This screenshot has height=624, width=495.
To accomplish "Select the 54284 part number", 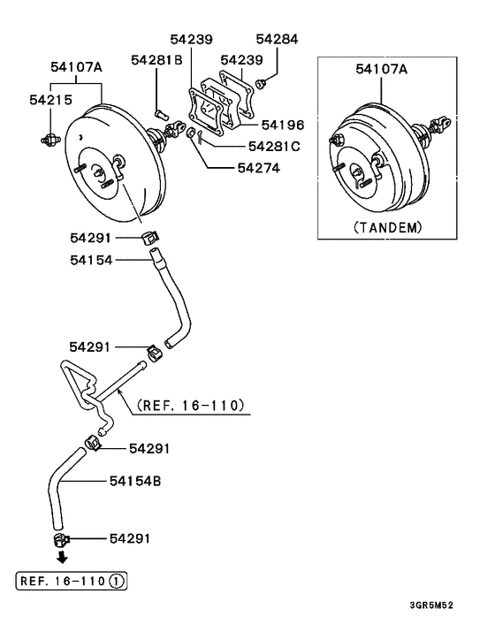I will click(278, 39).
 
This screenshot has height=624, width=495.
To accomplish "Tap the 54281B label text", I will click(156, 60).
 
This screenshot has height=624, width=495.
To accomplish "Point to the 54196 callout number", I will click(282, 126).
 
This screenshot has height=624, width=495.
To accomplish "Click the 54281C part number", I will click(274, 146).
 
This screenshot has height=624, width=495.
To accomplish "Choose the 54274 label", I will click(257, 167).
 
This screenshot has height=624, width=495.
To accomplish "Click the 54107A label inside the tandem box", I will click(381, 68).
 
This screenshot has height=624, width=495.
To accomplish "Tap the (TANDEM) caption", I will click(387, 227).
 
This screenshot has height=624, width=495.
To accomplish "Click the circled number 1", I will click(118, 581).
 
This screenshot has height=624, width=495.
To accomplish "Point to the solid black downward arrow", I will click(61, 559).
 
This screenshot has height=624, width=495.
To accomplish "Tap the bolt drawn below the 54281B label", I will click(160, 111).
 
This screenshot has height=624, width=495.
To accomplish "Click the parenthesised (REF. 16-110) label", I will click(190, 407).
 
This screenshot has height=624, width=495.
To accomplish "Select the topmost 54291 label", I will click(91, 237).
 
